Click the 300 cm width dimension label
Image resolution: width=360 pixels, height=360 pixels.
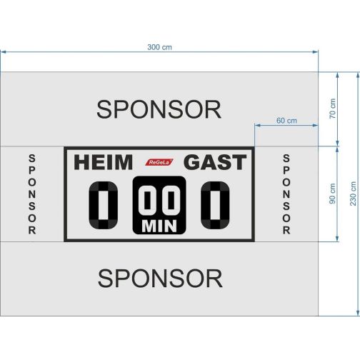click(159, 47)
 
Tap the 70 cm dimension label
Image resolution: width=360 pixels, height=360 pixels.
click(332, 109)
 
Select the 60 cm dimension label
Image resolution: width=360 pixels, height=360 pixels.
click(286, 121)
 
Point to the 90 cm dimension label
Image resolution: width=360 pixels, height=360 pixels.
click(332, 194)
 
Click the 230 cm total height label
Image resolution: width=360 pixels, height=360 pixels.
click(353, 194)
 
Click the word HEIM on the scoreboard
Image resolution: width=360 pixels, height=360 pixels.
click(103, 162)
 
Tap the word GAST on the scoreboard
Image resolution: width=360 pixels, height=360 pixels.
click(215, 162)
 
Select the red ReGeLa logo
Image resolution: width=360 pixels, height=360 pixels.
click(159, 162)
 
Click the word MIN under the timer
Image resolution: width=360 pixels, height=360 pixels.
click(159, 226)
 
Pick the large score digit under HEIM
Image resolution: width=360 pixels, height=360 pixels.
click(104, 205)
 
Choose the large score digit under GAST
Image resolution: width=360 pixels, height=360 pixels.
click(215, 205)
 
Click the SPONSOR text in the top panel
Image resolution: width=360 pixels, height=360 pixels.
click(159, 109)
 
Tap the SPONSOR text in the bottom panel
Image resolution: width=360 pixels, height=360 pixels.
click(160, 279)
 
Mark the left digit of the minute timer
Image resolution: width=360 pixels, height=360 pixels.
click(148, 200)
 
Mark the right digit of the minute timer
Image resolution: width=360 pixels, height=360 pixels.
click(171, 200)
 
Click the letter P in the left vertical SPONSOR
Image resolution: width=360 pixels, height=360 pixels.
click(32, 170)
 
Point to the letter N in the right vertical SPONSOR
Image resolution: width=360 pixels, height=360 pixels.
click(286, 194)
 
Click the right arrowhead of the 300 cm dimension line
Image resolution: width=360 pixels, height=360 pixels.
click(315, 51)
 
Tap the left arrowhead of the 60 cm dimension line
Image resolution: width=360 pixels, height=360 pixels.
click(258, 125)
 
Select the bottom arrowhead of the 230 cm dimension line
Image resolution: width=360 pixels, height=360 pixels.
click(358, 313)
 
